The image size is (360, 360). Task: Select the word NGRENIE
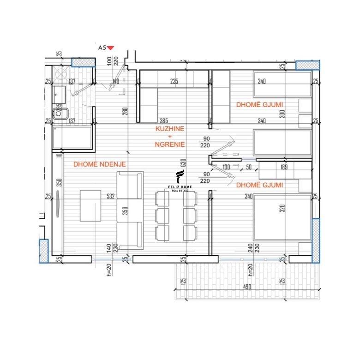(170, 144)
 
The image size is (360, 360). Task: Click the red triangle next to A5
(110, 47)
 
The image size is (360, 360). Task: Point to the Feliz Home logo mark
(180, 177)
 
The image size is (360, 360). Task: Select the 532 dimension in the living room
(110, 196)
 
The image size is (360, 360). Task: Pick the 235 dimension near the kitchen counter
(174, 82)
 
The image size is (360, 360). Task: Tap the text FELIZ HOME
(180, 186)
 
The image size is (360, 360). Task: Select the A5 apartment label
(102, 47)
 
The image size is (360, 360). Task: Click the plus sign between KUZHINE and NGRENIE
(170, 137)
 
